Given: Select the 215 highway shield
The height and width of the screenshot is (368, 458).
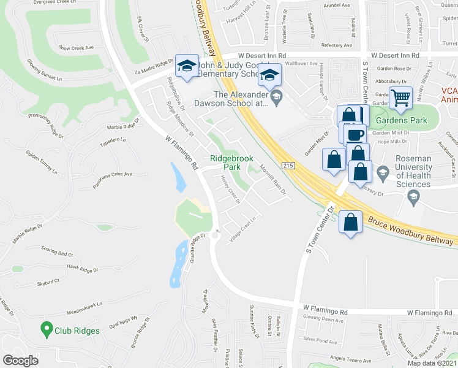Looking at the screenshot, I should click(289, 166).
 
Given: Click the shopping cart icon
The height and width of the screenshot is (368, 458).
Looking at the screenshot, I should click(400, 98).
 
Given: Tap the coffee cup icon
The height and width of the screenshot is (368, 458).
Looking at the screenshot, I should click(355, 134).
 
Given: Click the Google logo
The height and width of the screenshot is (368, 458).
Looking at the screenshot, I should click(21, 361).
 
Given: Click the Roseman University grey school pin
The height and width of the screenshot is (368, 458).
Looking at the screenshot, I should click(384, 171).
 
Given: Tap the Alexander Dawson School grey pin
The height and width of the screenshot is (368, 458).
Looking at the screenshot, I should click(276, 95).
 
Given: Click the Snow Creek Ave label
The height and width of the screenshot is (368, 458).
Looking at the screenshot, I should click(76, 47).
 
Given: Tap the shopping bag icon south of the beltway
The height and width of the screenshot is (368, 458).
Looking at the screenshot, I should click(351, 223).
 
